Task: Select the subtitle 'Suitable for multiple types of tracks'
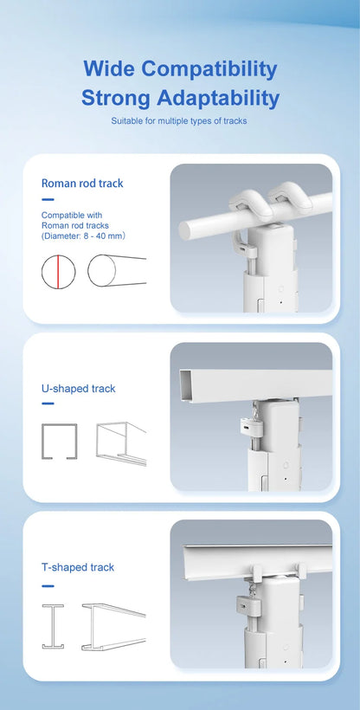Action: click(179, 121)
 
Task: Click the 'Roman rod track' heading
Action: click(82, 184)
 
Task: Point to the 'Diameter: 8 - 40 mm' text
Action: click(84, 236)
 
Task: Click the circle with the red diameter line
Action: click(59, 271)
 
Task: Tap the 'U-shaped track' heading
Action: click(78, 389)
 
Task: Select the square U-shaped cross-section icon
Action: click(59, 442)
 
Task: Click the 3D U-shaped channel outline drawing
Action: click(120, 444)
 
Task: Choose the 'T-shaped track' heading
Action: click(78, 568)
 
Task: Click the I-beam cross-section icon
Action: click(53, 626)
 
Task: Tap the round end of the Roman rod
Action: click(189, 229)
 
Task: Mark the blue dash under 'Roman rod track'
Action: click(48, 200)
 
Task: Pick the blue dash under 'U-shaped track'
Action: click(48, 403)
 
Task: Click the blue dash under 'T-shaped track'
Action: click(48, 583)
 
